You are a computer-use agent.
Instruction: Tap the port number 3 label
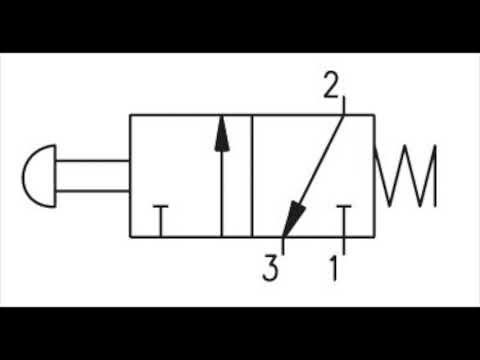click(269, 267)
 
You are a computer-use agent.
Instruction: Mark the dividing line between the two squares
click(252, 176)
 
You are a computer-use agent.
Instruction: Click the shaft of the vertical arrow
click(221, 190)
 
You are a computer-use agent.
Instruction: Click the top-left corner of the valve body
click(130, 116)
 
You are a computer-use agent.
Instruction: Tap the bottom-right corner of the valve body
click(374, 237)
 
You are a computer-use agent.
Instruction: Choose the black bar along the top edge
click(240, 25)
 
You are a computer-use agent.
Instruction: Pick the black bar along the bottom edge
click(240, 333)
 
